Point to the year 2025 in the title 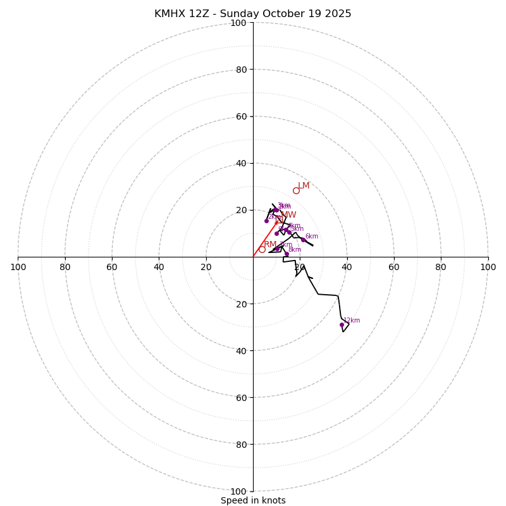tap(338, 14)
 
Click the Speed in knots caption tap(253, 500)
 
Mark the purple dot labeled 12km tap(342, 324)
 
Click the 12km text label tap(352, 321)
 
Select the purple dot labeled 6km tap(303, 240)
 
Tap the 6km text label tap(312, 237)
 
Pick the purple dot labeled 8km tap(287, 254)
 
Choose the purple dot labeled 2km tap(266, 221)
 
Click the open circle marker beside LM tap(296, 190)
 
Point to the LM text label tap(304, 186)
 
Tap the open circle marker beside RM tap(262, 249)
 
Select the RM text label tap(270, 245)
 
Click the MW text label tap(288, 215)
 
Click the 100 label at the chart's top tap(238, 23)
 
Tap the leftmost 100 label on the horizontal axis tap(18, 267)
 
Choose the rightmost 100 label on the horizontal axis tap(488, 267)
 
